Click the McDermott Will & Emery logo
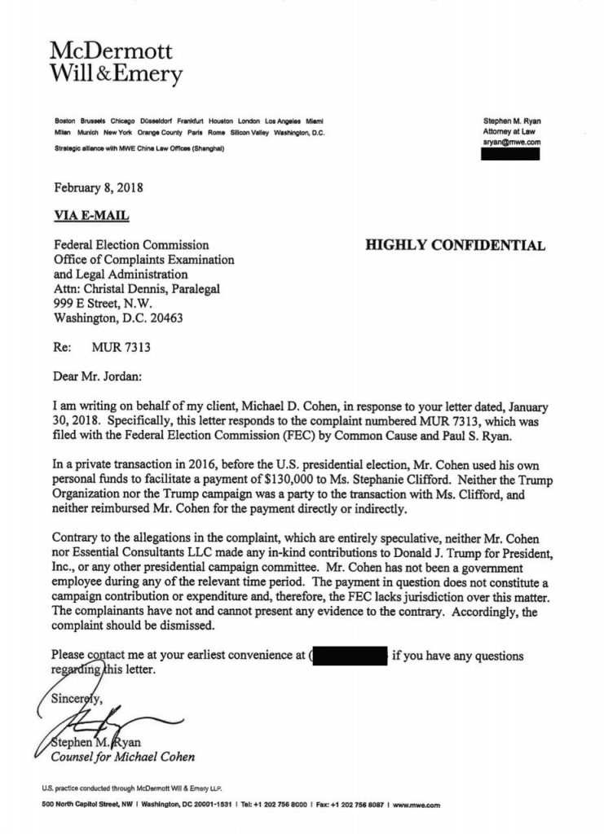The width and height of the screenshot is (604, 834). click(x=116, y=64)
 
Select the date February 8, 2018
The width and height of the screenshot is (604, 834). click(x=99, y=187)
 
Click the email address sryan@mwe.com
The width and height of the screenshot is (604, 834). click(x=511, y=143)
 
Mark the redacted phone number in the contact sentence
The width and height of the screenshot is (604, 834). click(x=348, y=656)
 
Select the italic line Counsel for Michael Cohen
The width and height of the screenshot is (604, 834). click(x=123, y=757)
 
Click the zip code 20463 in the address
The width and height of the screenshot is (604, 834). click(x=164, y=318)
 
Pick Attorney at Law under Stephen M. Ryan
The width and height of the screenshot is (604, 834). click(x=511, y=132)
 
